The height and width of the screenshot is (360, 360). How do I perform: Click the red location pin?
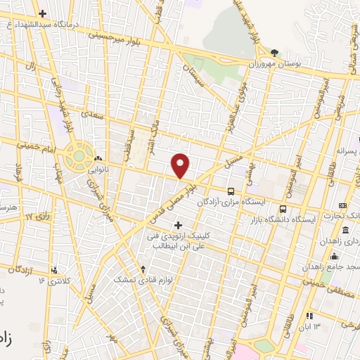(x=181, y=165)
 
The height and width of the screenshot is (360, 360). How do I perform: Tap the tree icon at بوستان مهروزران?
(x=274, y=53)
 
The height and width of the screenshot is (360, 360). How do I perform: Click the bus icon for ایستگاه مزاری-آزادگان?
(x=231, y=191)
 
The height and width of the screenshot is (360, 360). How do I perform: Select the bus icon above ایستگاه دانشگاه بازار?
(x=283, y=209)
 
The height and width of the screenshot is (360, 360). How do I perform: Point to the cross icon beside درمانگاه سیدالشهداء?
(x=44, y=13)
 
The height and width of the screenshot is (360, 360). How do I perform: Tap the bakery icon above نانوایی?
(x=98, y=159)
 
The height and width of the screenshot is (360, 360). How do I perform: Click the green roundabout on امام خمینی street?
(x=79, y=155)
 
